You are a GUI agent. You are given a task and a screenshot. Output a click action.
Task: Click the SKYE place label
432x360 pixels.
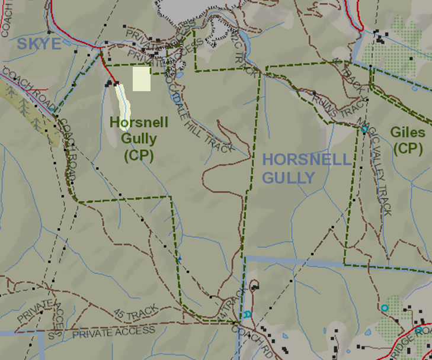39,43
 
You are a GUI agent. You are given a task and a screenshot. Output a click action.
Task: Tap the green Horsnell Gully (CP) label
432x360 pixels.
139,139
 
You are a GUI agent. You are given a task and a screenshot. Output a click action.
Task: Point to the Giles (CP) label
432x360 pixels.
407,140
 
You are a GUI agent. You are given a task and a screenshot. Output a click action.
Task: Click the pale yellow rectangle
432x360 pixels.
141,79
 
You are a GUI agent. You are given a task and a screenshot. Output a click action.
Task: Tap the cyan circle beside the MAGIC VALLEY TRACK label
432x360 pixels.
364,129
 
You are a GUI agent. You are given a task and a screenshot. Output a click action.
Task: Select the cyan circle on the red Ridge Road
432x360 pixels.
418,330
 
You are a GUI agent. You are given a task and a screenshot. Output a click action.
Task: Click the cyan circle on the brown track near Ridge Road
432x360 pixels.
385,308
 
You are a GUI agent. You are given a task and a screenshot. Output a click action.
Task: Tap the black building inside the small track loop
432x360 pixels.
255,288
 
